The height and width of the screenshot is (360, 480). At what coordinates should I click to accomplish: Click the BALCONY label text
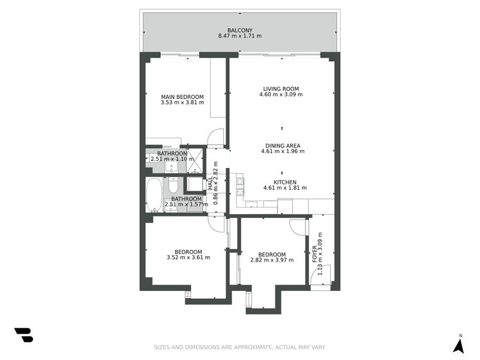[x=239, y=30]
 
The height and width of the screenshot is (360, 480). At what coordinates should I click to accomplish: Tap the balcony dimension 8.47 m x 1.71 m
[x=239, y=36]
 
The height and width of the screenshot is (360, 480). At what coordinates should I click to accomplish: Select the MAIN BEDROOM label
[x=182, y=97]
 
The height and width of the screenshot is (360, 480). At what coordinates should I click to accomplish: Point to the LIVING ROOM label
[x=281, y=89]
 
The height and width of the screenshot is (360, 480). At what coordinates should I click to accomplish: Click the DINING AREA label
[x=283, y=145]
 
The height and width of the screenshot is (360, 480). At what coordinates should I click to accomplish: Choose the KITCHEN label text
[x=285, y=182]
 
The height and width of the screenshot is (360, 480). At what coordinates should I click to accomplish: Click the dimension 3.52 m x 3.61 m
[x=188, y=257]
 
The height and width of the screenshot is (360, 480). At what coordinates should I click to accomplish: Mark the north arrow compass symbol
[x=458, y=344]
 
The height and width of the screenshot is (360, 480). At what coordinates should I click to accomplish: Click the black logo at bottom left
[x=23, y=335]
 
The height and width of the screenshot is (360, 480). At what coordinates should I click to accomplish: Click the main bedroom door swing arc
[x=215, y=137]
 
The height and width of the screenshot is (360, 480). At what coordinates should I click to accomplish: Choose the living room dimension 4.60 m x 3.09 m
[x=281, y=95]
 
